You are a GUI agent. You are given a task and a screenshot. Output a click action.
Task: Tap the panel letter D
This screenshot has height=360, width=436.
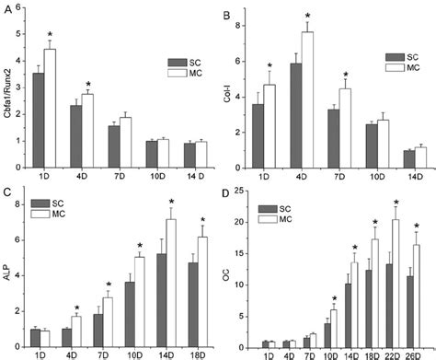pos(227,190)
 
